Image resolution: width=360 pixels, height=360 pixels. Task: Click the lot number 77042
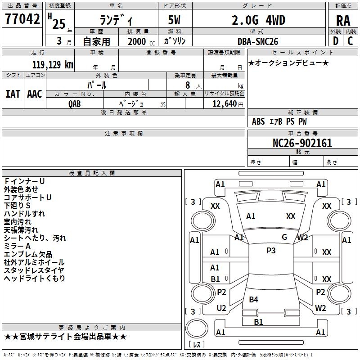[x=22, y=19]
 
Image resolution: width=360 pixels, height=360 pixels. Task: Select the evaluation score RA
[x=343, y=21]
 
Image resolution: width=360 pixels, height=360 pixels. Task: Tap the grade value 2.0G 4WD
[x=259, y=20]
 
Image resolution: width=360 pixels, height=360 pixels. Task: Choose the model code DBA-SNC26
[x=258, y=41]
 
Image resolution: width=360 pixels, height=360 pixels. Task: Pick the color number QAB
[x=75, y=103]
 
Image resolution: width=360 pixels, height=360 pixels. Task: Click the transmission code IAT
[x=13, y=94]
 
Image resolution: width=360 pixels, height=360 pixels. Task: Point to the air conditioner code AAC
[x=34, y=94]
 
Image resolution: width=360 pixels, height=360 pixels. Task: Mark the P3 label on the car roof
[x=271, y=251]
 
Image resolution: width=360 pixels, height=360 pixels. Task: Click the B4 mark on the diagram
[x=253, y=299]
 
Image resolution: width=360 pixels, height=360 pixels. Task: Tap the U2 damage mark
[x=221, y=308]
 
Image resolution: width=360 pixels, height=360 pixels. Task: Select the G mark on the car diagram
[x=284, y=237]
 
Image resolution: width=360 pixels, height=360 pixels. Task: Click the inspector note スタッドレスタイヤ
[x=34, y=270]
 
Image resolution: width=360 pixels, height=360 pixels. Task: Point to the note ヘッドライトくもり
[x=35, y=278]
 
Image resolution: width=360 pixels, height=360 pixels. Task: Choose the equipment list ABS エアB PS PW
[x=280, y=121]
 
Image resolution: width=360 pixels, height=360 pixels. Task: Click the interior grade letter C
[x=350, y=41]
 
